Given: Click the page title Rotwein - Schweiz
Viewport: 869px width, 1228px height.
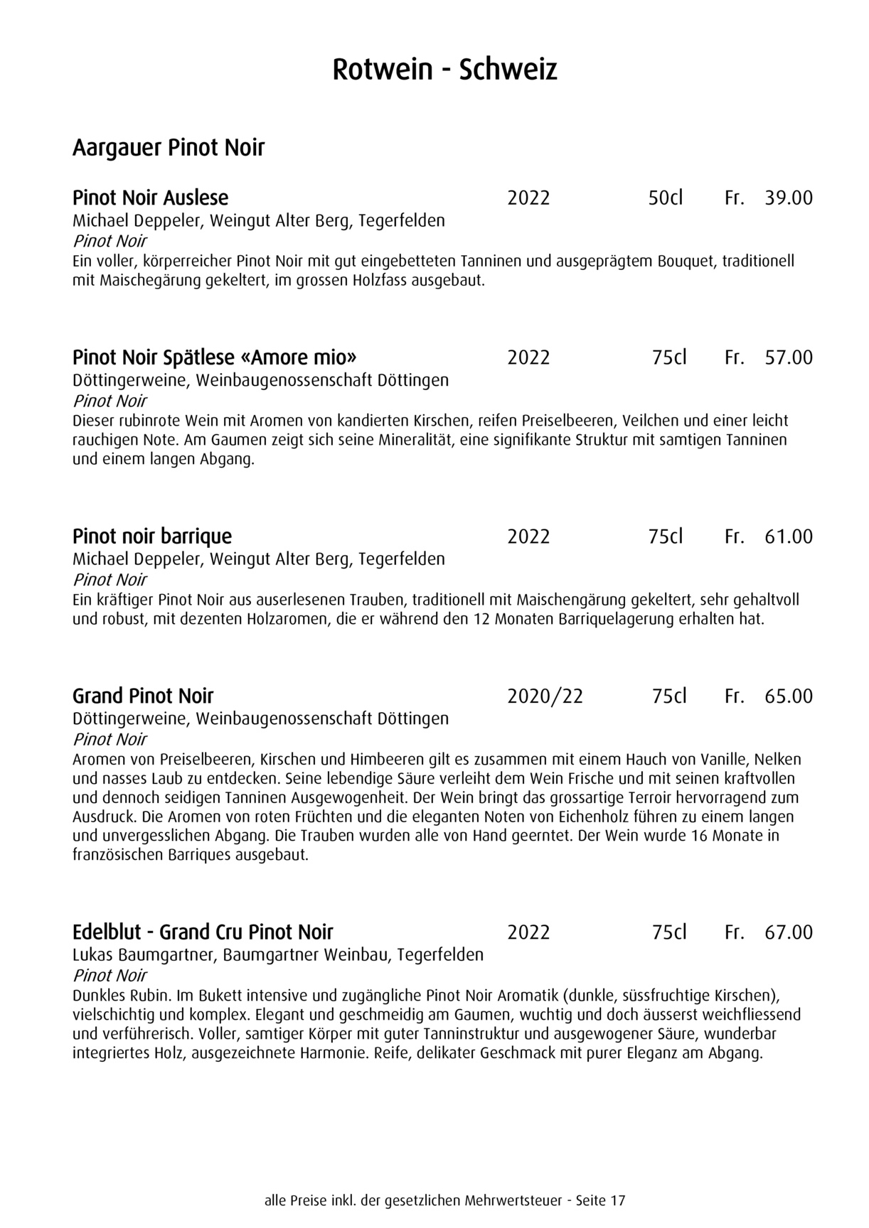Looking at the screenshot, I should click(444, 70).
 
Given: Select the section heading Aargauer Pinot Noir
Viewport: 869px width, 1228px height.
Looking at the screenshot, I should click(169, 148).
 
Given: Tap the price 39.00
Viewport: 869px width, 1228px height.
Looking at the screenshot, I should click(788, 198).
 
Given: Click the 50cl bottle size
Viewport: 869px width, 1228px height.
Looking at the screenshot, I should click(665, 198).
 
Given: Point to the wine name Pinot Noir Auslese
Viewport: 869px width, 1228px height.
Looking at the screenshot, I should click(150, 198).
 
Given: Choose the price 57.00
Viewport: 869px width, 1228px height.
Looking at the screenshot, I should click(788, 357).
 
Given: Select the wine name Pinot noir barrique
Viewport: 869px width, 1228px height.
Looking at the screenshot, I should click(152, 536).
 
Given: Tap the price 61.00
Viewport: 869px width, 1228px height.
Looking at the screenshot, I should click(788, 536).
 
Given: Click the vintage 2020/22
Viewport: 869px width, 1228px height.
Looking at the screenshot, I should click(545, 696).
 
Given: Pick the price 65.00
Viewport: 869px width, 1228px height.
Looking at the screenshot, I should click(788, 696).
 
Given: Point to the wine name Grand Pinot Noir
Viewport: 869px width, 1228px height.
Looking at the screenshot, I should click(143, 696).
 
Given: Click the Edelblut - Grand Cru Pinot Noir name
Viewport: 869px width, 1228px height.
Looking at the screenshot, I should click(203, 932).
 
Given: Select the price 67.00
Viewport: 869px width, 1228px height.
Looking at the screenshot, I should click(788, 932).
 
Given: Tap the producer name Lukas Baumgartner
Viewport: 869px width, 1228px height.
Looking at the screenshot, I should click(144, 954).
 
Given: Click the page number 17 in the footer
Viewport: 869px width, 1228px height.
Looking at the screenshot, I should click(617, 1201).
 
